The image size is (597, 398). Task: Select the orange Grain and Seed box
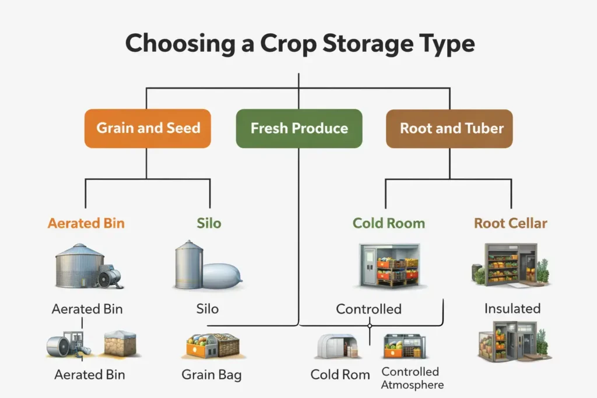tap(148, 128)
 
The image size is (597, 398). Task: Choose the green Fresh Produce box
tap(298, 128)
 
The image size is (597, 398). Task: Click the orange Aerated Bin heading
tap(86, 223)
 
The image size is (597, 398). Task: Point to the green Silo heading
tap(209, 223)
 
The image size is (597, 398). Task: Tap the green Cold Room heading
tap(388, 223)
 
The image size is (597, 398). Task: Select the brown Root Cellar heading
tap(510, 223)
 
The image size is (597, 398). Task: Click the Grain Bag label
tap(212, 374)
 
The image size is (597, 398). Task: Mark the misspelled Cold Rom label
tap(340, 374)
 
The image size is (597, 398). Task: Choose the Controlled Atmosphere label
tap(412, 378)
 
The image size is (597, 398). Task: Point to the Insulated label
tap(512, 308)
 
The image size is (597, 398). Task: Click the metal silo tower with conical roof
tap(189, 265)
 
